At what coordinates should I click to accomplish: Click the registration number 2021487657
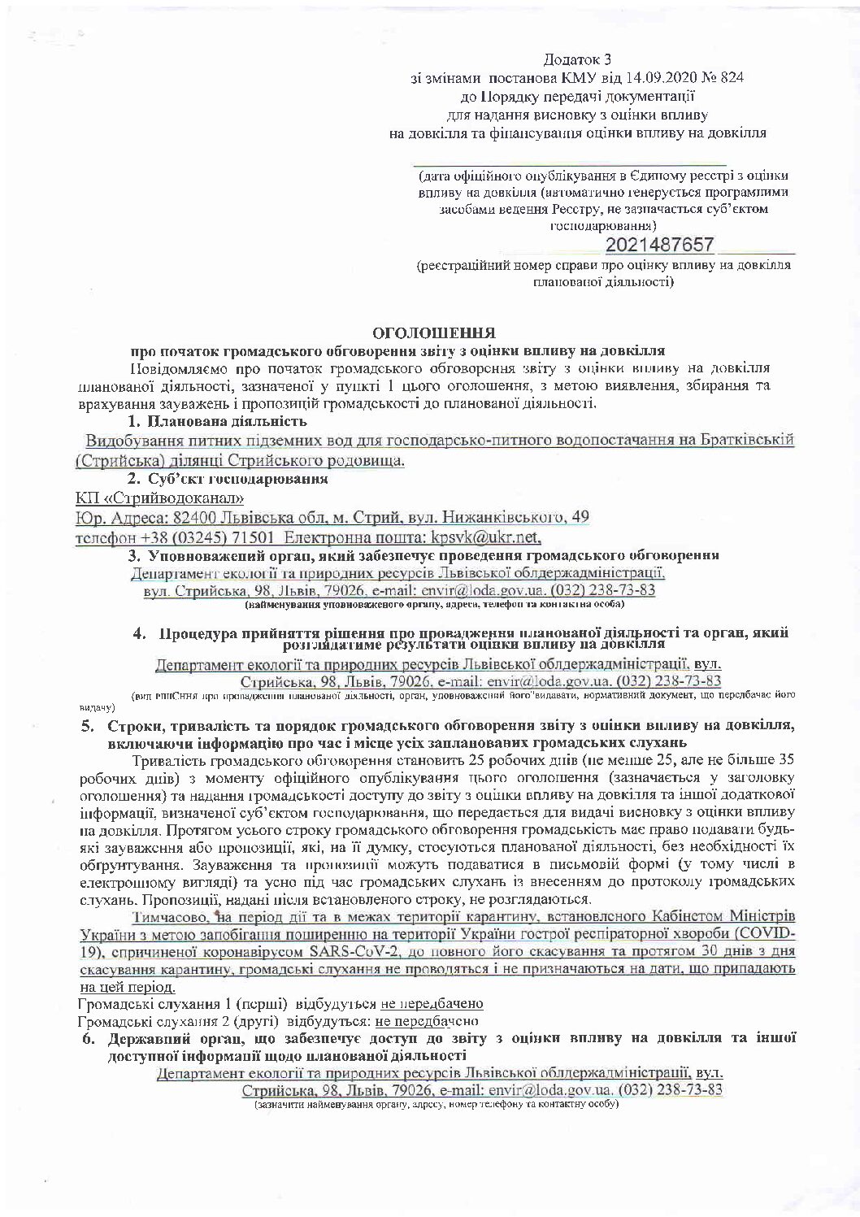pyautogui.click(x=659, y=245)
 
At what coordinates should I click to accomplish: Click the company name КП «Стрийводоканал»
pyautogui.click(x=159, y=498)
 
